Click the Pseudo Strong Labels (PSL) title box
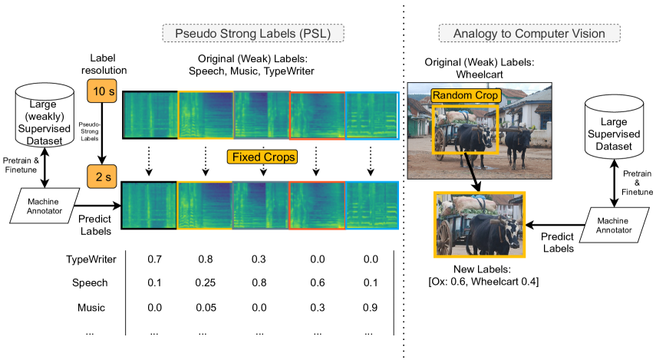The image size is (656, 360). tap(252, 33)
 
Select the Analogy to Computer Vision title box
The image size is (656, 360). tap(529, 33)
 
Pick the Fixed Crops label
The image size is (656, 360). tap(262, 157)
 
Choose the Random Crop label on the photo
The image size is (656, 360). tap(465, 95)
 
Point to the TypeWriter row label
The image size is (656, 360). tap(91, 259)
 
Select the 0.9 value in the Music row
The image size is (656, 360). tap(371, 307)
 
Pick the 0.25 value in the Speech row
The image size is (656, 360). tap(205, 283)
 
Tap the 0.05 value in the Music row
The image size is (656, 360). tap(205, 307)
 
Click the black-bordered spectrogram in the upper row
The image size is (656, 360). tap(150, 115)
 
